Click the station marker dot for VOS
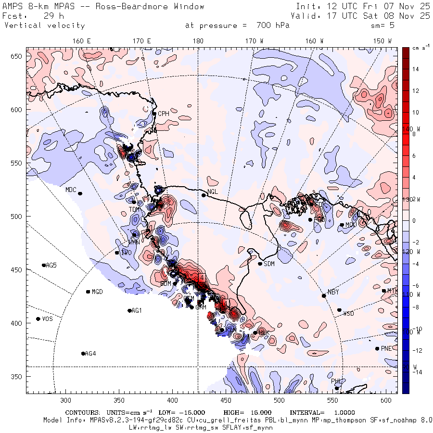coord(38,319)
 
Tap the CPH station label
coord(164,114)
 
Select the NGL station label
coord(213,191)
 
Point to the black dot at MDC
coord(80,193)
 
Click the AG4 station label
coord(90,354)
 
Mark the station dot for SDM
coord(260,264)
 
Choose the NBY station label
coord(333,292)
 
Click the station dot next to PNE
coord(377,349)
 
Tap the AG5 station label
coord(51,266)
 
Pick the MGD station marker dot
coord(88,292)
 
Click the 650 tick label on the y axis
coord(18,57)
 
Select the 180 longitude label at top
coord(198,41)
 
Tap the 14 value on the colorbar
coord(415,69)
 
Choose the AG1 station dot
coord(129,311)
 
